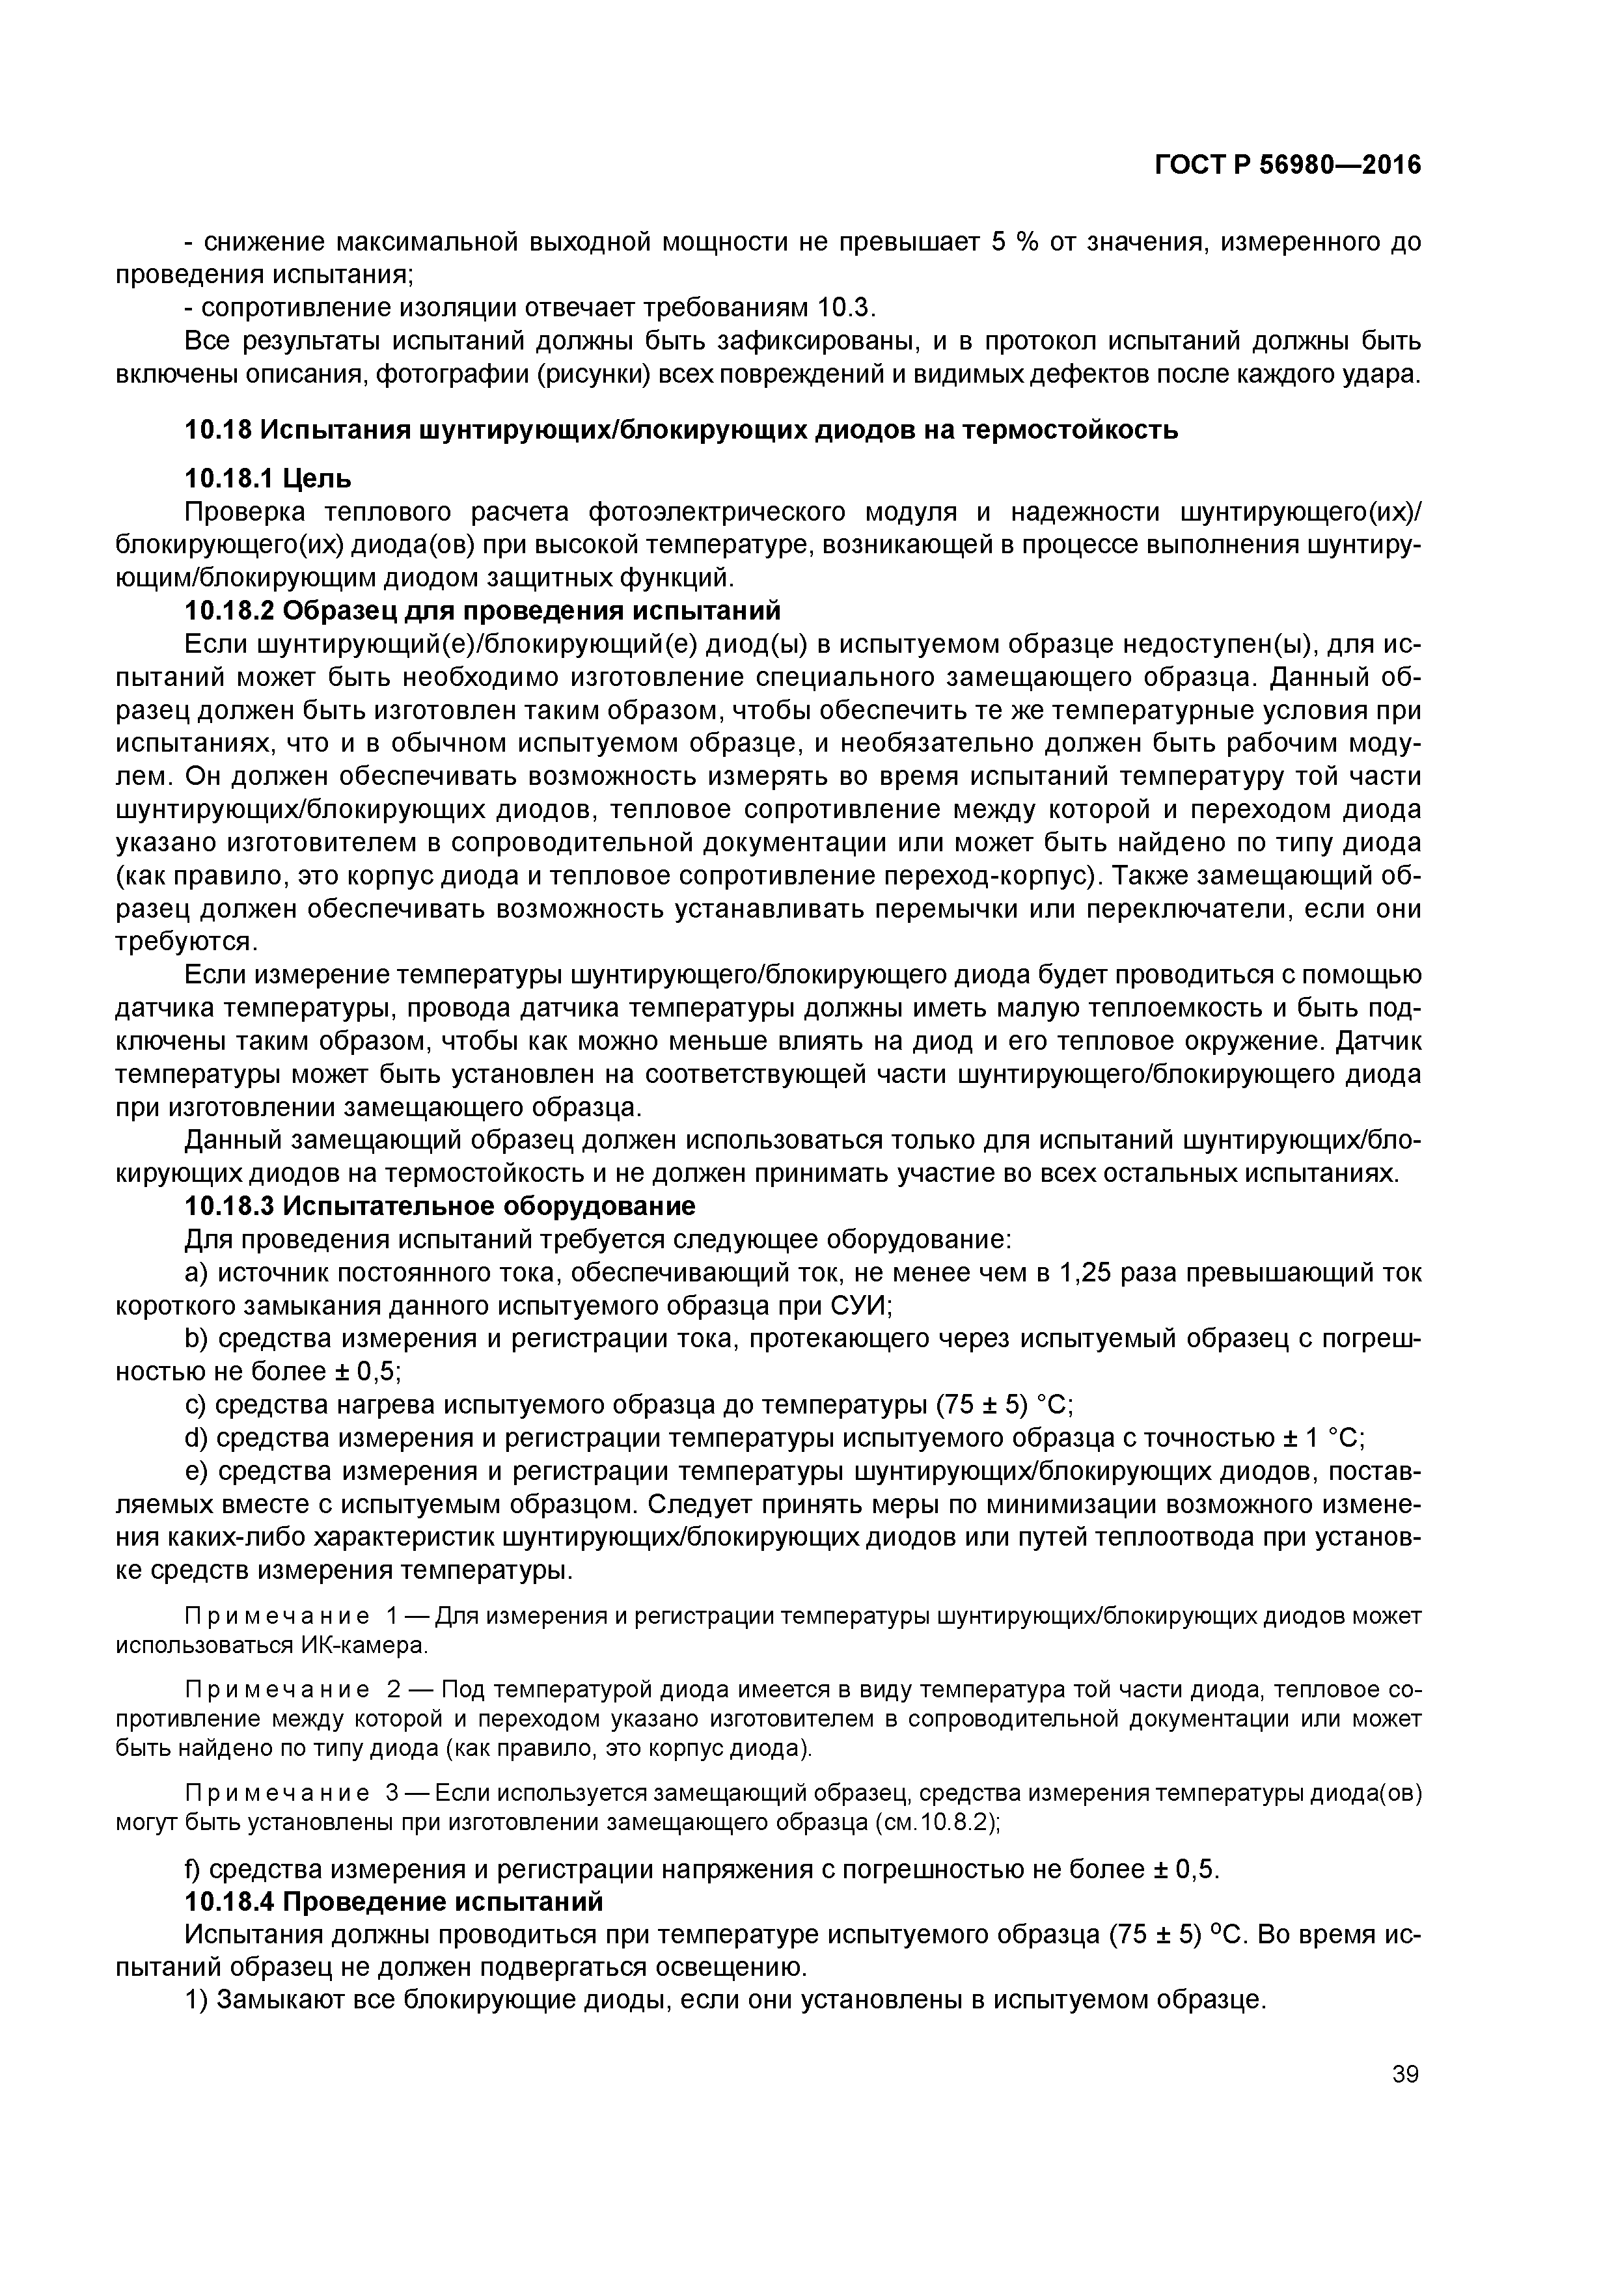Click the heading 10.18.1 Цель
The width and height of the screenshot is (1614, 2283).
pos(269,479)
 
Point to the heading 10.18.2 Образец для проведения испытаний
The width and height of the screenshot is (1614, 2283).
pos(482,610)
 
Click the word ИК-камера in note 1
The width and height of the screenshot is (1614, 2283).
pos(363,1646)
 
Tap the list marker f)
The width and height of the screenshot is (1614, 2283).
pos(194,1869)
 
